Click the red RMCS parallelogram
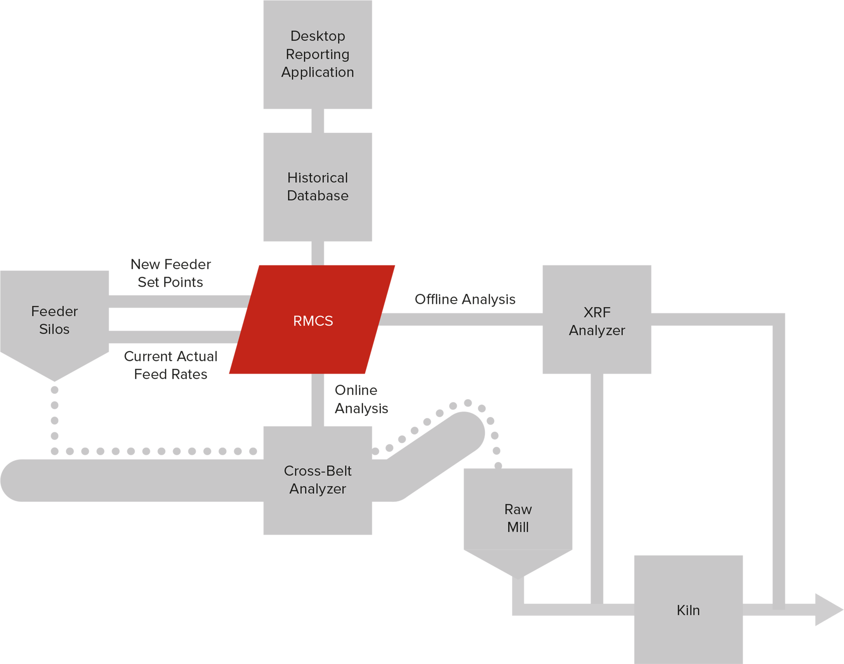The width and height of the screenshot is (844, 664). pos(312,320)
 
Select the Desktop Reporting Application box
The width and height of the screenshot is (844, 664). pos(318,54)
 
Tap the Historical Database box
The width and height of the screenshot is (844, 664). pos(318,187)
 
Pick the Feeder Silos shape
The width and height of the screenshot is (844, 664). pos(54,324)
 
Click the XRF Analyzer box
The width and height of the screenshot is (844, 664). pos(597,319)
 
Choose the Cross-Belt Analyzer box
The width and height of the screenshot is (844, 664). pos(318,481)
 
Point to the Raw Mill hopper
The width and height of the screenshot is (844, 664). pos(518,521)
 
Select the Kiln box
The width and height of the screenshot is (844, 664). pos(688,610)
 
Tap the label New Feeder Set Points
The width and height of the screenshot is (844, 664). pos(171,273)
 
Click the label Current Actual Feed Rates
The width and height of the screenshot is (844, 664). pos(171,365)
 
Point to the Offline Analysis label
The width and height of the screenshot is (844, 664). pos(465,299)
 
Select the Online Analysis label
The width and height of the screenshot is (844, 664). pos(361,399)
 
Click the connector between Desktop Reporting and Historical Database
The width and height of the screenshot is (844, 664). pos(318,121)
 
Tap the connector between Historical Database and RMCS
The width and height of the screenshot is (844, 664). pos(318,253)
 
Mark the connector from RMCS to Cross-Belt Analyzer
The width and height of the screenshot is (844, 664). pos(318,400)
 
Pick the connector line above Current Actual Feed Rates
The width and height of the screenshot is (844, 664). pos(174,337)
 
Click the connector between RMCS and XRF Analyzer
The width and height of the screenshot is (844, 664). pos(461,319)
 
